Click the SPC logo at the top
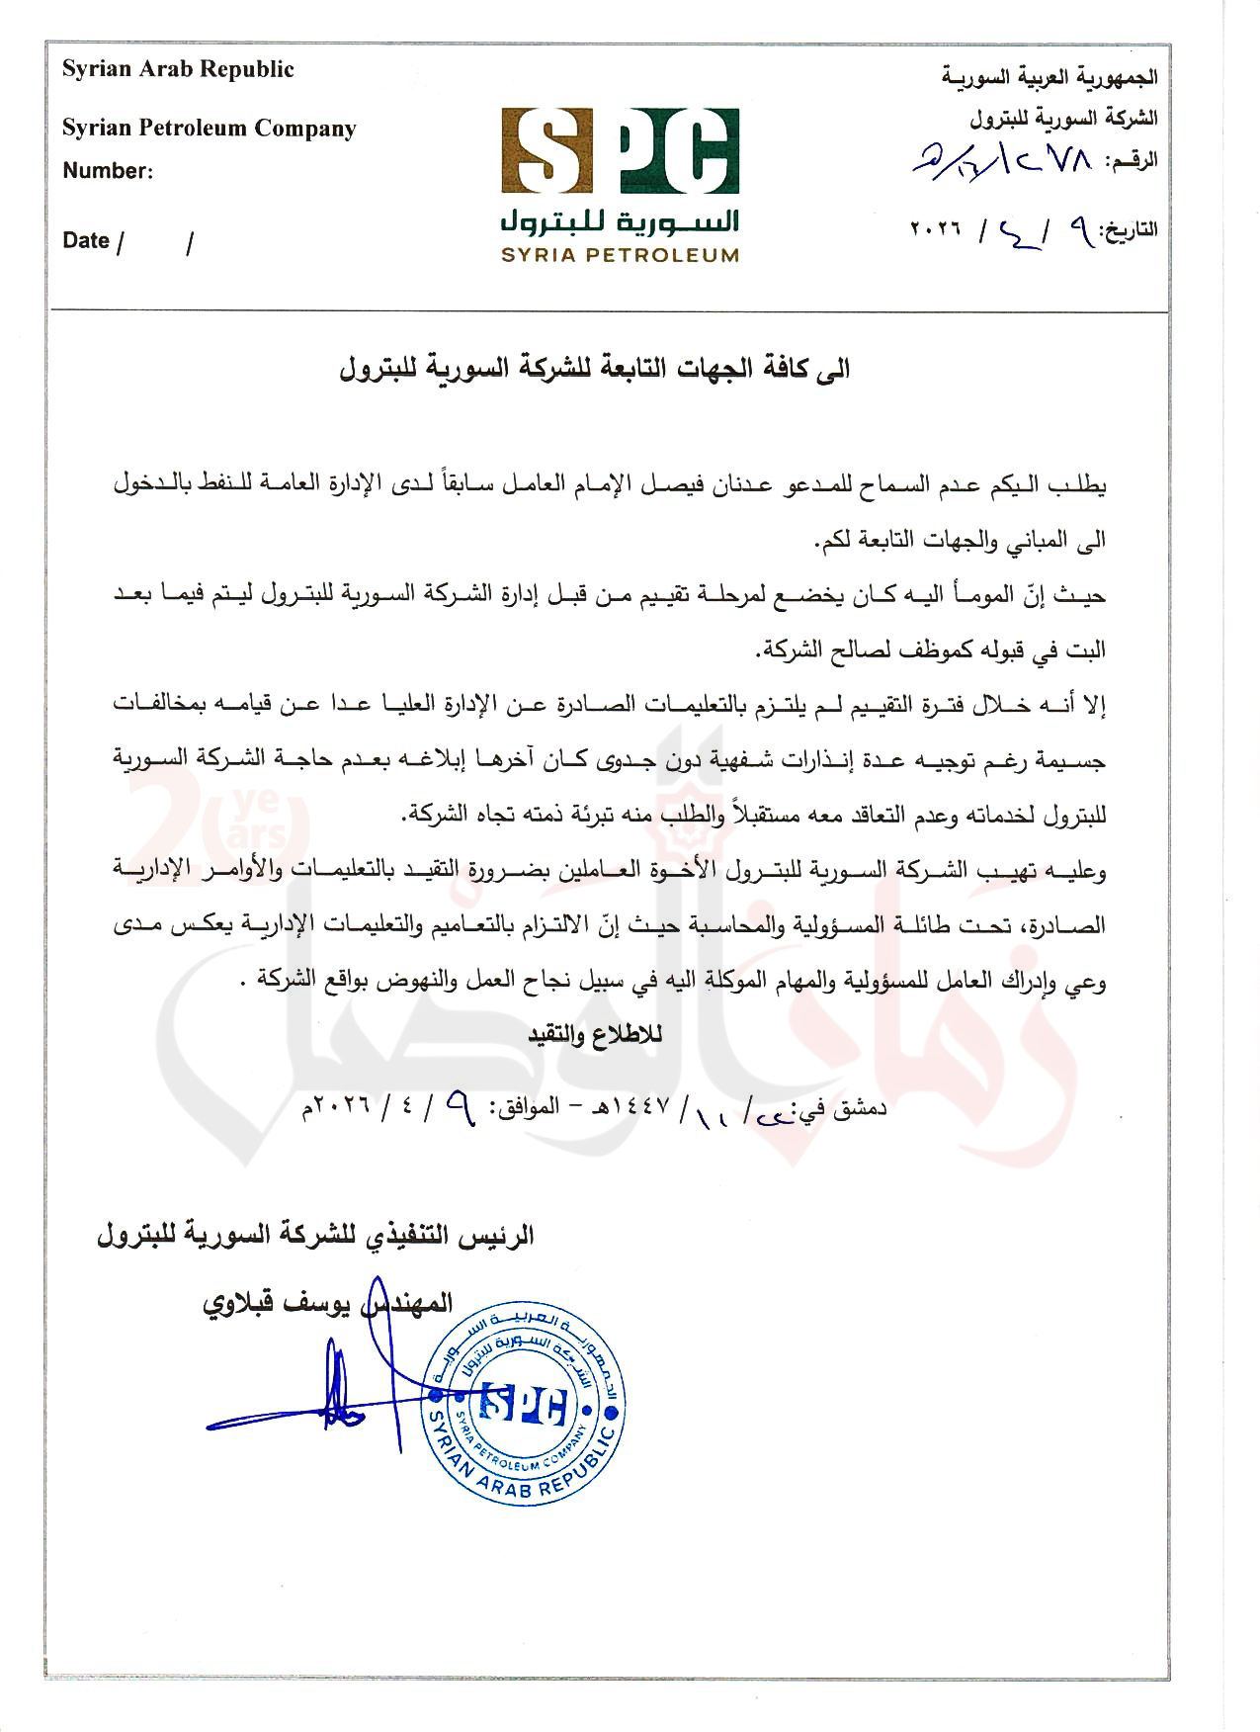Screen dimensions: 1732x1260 (620, 153)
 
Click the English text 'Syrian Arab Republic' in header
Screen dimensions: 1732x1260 (178, 70)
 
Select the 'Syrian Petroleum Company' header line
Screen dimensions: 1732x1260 (209, 129)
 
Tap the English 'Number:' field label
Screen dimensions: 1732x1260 (108, 171)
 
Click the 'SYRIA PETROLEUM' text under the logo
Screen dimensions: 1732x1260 (620, 255)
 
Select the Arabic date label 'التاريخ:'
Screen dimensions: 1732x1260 (1129, 230)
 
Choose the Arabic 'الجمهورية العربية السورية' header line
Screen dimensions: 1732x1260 (1050, 77)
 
